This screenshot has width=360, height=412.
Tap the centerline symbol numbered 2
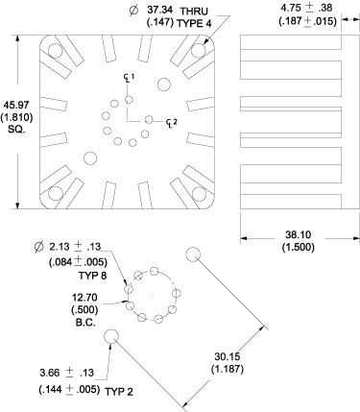169,120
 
